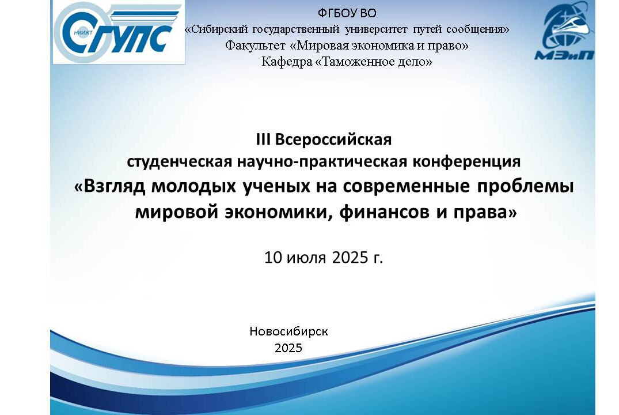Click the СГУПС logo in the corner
click(119, 33)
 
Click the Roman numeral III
click(264, 140)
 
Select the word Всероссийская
click(333, 140)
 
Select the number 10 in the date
click(274, 257)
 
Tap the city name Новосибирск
click(288, 331)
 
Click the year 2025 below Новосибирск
click(288, 348)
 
